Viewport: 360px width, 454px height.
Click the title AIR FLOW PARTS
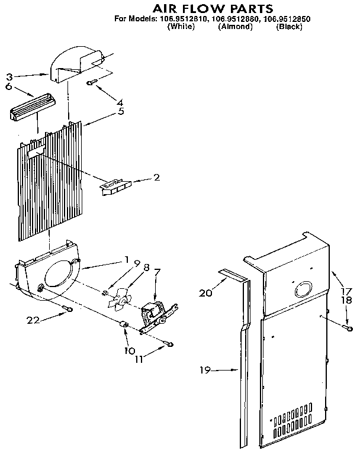point(205,8)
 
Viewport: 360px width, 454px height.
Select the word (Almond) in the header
point(235,27)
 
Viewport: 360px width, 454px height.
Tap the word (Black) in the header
point(290,27)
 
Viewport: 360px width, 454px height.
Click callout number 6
point(9,86)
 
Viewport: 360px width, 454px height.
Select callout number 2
point(156,177)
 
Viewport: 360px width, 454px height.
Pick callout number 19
point(205,371)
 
